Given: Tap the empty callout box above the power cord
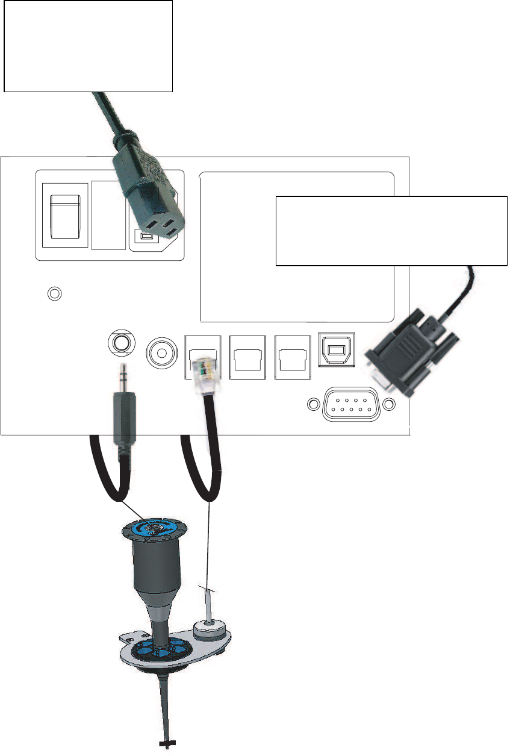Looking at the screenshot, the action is point(88,46).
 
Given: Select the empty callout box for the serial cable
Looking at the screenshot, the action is point(391,230).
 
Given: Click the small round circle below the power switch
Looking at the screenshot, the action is point(55,294).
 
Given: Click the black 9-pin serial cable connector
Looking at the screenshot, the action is point(404,356).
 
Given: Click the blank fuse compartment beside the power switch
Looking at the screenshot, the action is point(109,215).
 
